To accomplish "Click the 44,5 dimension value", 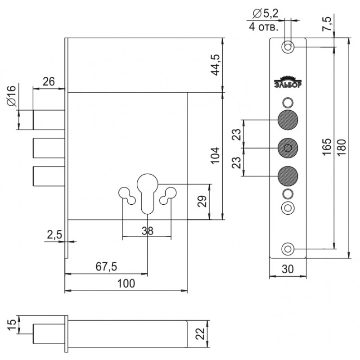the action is [216, 65].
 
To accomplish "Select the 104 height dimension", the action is [216, 155].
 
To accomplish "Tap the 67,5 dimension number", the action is [106, 266].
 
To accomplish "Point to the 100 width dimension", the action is [126, 283].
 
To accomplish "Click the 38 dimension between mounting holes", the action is [148, 231].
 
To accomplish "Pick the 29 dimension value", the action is [202, 201].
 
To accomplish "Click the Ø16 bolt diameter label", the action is [12, 96].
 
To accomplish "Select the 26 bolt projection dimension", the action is [49, 81].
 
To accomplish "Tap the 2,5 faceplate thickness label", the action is [54, 235].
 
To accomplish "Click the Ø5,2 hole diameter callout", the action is [265, 14].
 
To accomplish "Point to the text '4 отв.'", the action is [264, 27].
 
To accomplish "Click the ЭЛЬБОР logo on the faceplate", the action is [288, 82].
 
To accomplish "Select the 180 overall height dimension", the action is [342, 147].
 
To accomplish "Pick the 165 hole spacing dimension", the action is [327, 147].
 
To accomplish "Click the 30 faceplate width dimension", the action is [288, 269].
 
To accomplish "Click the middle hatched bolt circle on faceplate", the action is [288, 148].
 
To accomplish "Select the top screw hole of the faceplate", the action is [288, 47].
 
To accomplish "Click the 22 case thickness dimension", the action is [201, 333].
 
